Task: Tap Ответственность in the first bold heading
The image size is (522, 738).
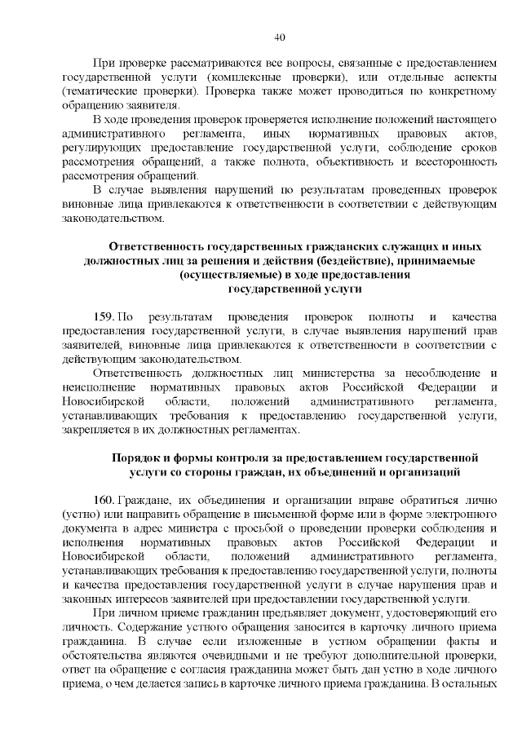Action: coord(157,245)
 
